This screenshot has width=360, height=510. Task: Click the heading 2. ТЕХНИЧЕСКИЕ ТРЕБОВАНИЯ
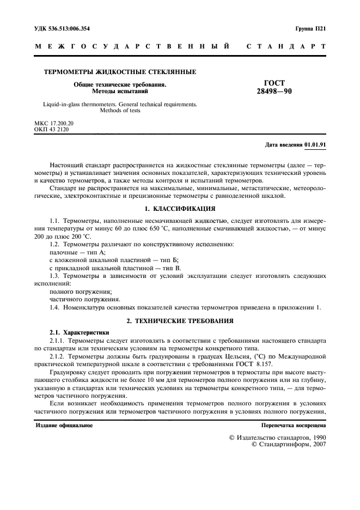tap(180, 321)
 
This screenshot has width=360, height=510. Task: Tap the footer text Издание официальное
tap(64, 425)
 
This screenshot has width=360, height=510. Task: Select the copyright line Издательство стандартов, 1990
tap(277, 438)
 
